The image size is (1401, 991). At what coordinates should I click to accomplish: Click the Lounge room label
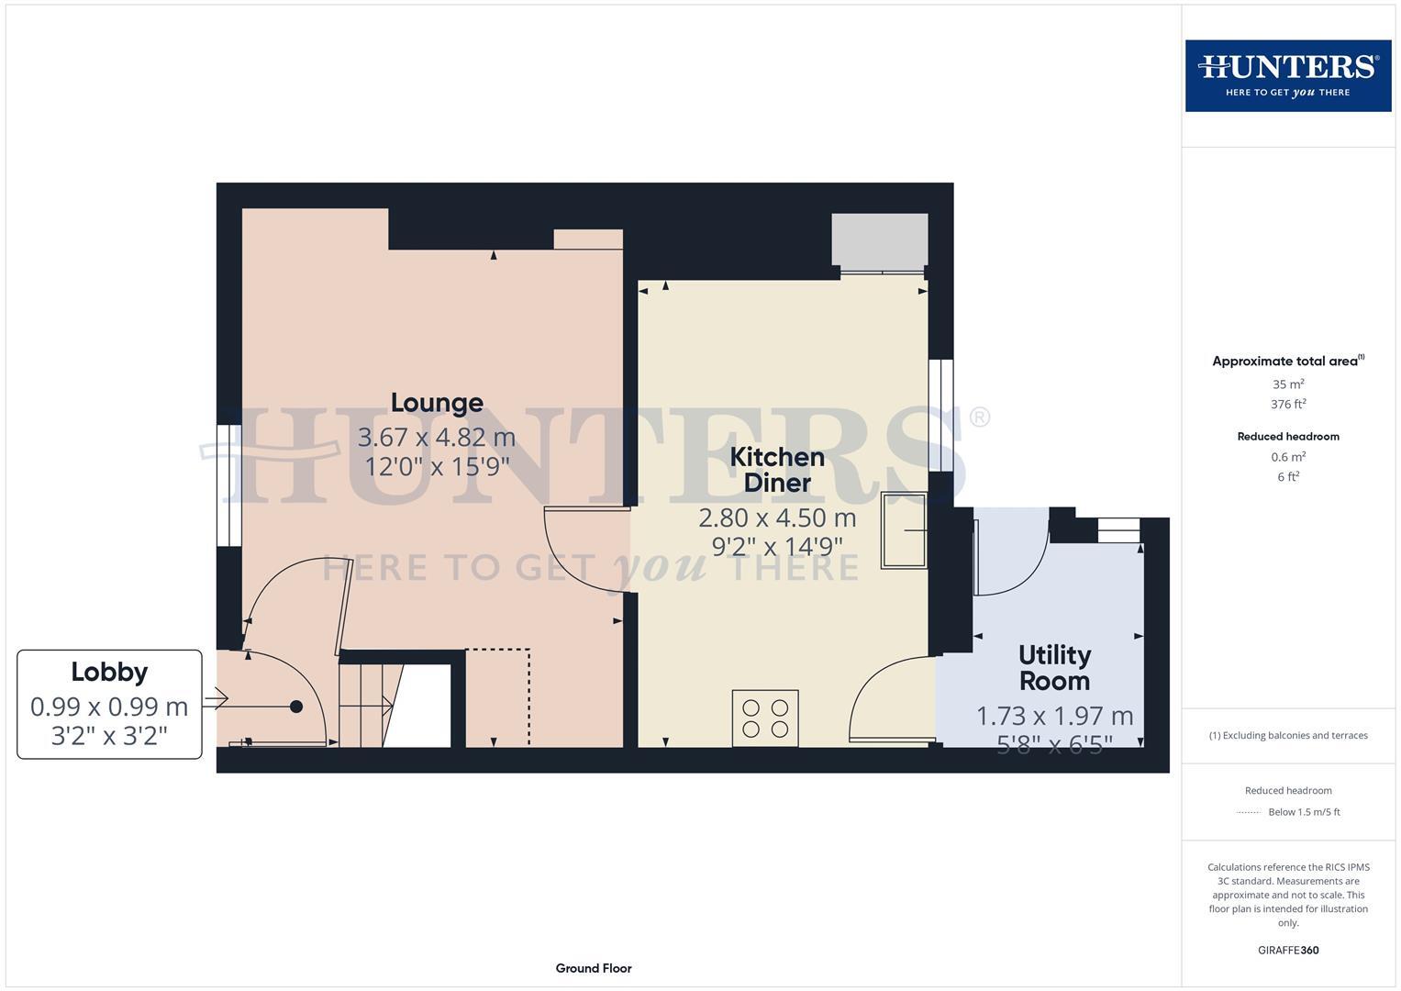click(x=437, y=403)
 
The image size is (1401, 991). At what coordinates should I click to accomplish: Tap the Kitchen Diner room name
click(x=777, y=470)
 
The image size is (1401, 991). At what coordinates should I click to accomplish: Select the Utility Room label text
click(x=1054, y=668)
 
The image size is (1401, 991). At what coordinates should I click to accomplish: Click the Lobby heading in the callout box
click(x=109, y=672)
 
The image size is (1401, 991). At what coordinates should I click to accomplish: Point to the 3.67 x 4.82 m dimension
click(x=437, y=437)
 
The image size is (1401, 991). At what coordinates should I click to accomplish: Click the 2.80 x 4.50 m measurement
click(x=777, y=518)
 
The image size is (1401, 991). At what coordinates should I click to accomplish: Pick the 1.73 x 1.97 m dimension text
click(x=1054, y=716)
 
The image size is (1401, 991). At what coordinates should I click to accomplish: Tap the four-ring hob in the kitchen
click(x=765, y=718)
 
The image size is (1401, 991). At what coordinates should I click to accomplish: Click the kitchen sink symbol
click(x=904, y=529)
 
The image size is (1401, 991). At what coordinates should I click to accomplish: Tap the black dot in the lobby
click(x=296, y=707)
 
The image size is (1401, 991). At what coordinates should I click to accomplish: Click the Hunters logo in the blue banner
click(x=1287, y=75)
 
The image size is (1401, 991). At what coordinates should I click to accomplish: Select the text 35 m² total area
click(x=1288, y=384)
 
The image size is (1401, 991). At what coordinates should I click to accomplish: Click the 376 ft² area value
click(x=1288, y=404)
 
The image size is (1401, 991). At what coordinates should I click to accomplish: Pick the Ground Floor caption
click(x=594, y=968)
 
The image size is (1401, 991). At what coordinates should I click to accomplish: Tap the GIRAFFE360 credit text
click(x=1288, y=950)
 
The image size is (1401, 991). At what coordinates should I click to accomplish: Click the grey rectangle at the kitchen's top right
click(x=879, y=240)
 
